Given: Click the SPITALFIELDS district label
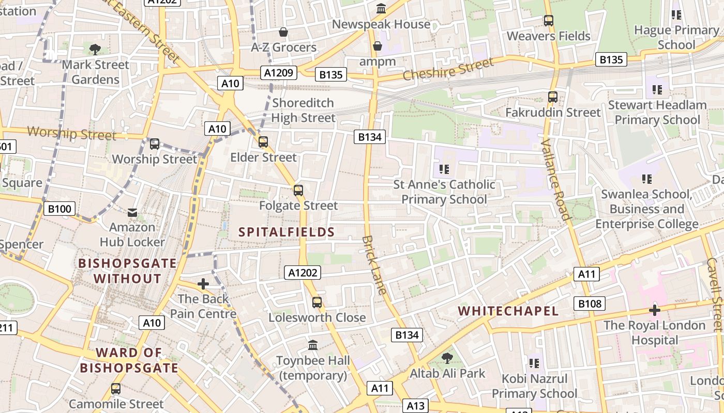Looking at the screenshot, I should pos(286,232).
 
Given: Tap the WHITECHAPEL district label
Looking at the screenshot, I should pos(508,311).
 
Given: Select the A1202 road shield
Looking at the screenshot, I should pos(302,273).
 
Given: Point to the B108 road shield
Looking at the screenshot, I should pos(589,304).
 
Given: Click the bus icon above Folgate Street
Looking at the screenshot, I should pos(298,190).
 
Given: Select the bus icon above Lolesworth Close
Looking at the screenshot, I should pos(316,303).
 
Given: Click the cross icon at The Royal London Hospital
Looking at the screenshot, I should pos(654,310).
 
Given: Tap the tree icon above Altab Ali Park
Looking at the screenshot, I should pos(447,358).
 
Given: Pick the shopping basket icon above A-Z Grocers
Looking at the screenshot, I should pos(283,32).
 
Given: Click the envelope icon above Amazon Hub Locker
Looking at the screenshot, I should pos(132,212).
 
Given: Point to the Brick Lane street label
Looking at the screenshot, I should pos(374,265).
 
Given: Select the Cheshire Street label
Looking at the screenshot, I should pos(448,69).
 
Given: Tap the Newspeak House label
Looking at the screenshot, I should pos(381,24).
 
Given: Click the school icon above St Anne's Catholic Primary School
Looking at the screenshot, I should pos(444,169).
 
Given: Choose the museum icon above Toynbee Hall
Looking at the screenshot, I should pos(312,345).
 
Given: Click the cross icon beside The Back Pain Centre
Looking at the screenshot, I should pos(203,284).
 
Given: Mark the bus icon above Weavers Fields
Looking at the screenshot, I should pos(548,21).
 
